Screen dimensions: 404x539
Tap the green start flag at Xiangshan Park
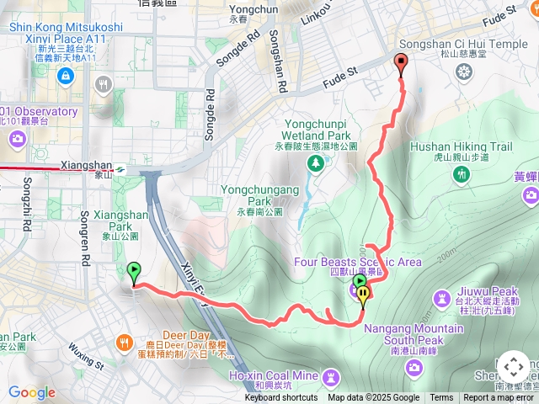134,271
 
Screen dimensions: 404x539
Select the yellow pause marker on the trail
364,295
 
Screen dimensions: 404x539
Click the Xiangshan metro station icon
121,168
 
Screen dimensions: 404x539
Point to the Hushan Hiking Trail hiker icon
461,174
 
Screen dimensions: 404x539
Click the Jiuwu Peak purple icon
442,298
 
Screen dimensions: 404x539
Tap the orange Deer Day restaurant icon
125,342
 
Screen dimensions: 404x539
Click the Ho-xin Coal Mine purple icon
333,375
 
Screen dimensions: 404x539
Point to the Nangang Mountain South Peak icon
414,366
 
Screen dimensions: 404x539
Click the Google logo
32,392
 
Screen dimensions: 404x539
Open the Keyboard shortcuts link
281,398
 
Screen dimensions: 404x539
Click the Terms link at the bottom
441,398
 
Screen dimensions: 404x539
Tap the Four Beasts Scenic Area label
357,262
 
